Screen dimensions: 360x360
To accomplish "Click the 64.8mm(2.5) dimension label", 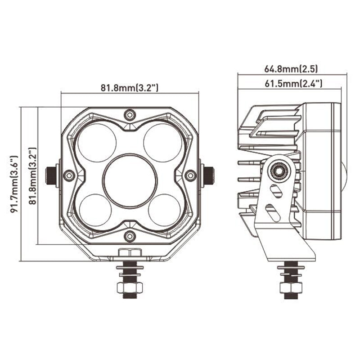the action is coord(291,69).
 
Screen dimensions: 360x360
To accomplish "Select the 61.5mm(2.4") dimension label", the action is coord(293,84).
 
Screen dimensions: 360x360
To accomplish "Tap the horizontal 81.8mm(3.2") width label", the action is coord(130,88).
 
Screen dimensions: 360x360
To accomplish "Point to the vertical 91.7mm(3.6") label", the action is coord(14,184).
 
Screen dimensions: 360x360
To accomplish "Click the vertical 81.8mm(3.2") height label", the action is coord(33,176).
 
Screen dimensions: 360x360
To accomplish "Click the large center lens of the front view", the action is coord(130,181).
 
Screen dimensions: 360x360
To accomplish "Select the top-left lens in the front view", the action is coord(97,143).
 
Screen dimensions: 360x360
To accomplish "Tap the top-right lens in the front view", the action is coord(163,143).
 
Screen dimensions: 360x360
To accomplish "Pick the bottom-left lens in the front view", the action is coord(95,210).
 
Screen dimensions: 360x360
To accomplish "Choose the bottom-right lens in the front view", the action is coord(164,210).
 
